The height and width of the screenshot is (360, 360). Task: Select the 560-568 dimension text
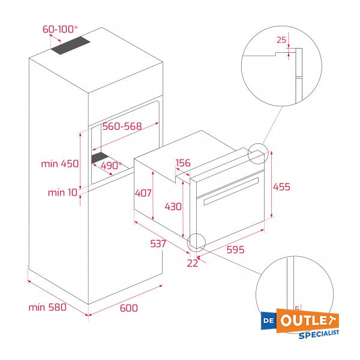pyautogui.click(x=121, y=126)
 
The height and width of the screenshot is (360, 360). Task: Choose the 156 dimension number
pyautogui.click(x=183, y=163)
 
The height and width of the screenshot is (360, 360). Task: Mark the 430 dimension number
pyautogui.click(x=173, y=206)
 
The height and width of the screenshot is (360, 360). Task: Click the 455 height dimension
pyautogui.click(x=281, y=187)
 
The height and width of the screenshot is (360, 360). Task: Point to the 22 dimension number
pyautogui.click(x=192, y=262)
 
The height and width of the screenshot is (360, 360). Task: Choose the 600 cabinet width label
pyautogui.click(x=128, y=308)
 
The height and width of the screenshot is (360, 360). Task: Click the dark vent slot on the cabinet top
pyautogui.click(x=70, y=47)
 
